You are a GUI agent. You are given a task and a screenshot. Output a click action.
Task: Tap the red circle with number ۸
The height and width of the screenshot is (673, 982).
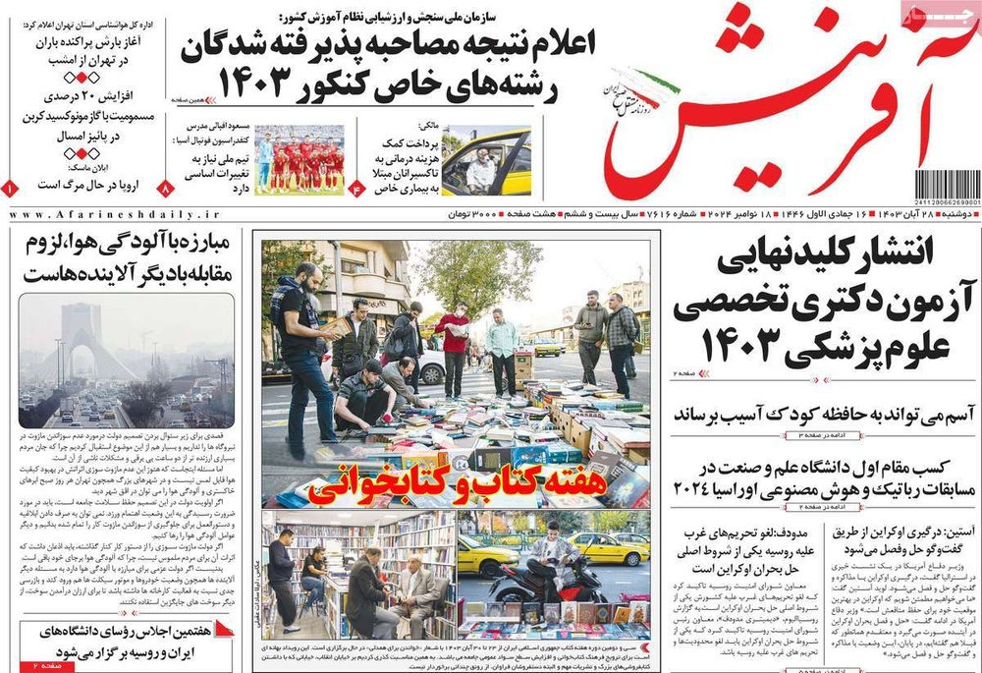point(165,187)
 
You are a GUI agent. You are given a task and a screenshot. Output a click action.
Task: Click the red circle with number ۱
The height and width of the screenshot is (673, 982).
point(10,187)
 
